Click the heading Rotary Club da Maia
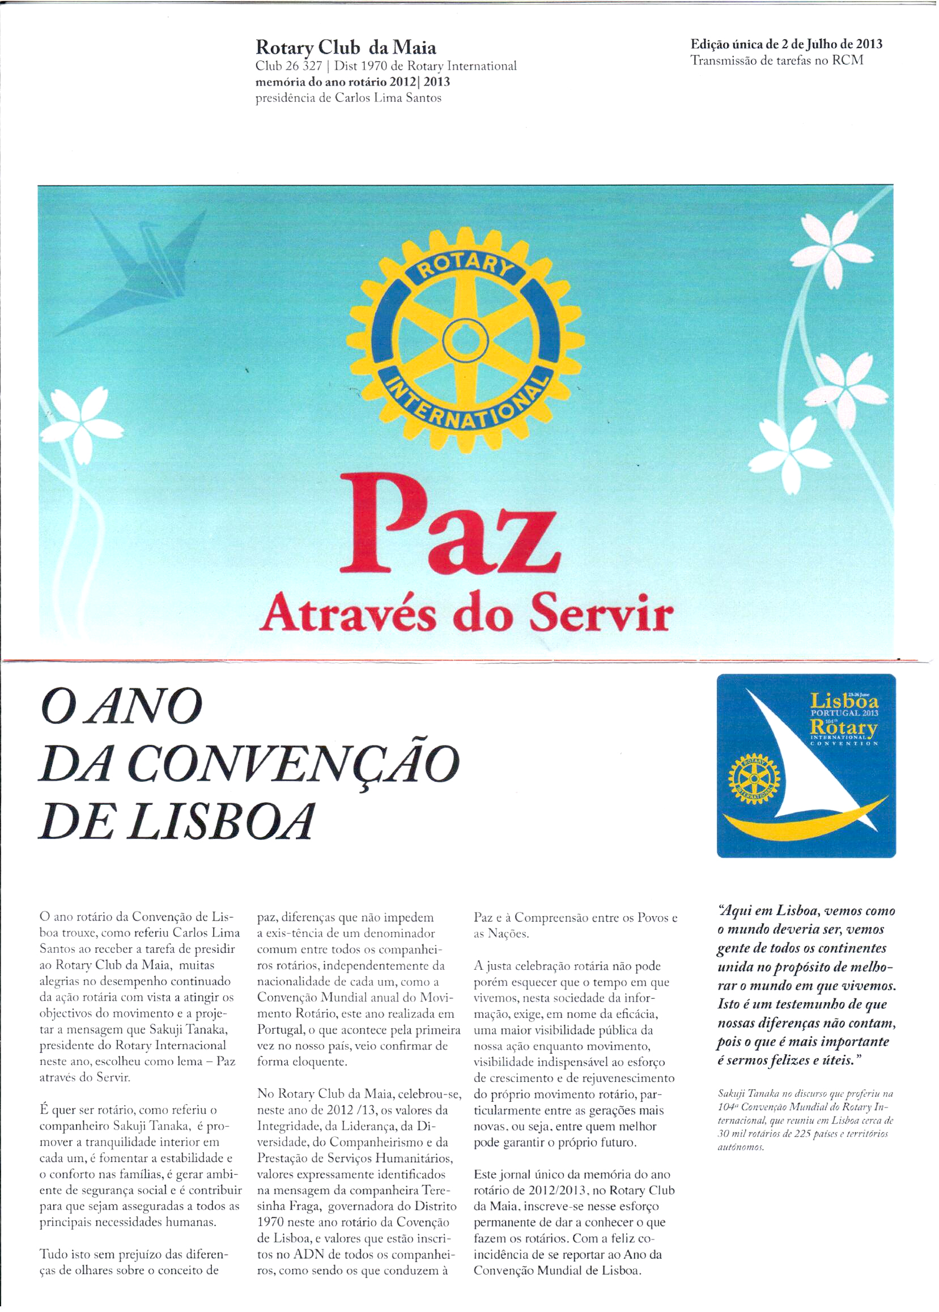coord(346,47)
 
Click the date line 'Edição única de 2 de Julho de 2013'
coord(786,44)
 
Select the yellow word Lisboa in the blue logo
coord(844,702)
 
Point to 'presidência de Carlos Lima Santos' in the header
coord(348,97)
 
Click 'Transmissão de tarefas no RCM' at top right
coord(776,60)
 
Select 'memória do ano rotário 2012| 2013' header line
coord(352,82)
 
